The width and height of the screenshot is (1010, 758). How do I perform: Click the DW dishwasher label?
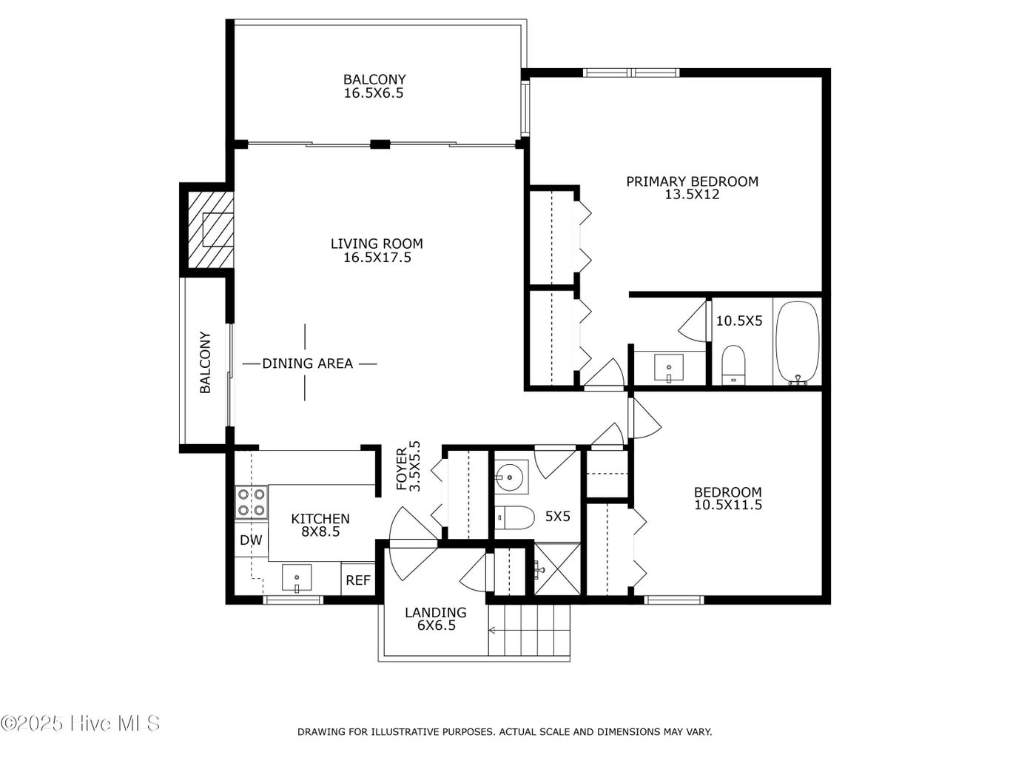(251, 540)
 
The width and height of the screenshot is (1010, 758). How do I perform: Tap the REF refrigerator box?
(358, 580)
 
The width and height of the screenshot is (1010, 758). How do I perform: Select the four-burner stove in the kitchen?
(252, 502)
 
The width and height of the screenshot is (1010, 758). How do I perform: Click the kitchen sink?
(296, 577)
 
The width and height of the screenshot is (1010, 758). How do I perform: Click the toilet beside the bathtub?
(733, 365)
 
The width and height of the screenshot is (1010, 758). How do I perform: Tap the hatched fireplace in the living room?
(210, 229)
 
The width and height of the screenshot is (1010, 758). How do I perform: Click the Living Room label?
(377, 244)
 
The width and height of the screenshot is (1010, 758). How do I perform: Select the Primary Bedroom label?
(692, 181)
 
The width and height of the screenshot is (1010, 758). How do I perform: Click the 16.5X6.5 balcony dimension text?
(374, 93)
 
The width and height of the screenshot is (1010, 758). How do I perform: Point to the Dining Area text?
(307, 363)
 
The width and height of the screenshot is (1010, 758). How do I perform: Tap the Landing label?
(435, 612)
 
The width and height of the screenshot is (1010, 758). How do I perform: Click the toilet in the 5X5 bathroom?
(514, 517)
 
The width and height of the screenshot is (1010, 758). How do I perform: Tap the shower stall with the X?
(557, 569)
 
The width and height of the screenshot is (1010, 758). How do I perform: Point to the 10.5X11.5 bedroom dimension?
(728, 505)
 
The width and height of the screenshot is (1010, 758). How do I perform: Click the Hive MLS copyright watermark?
(80, 723)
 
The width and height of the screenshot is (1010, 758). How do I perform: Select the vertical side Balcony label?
(205, 363)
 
